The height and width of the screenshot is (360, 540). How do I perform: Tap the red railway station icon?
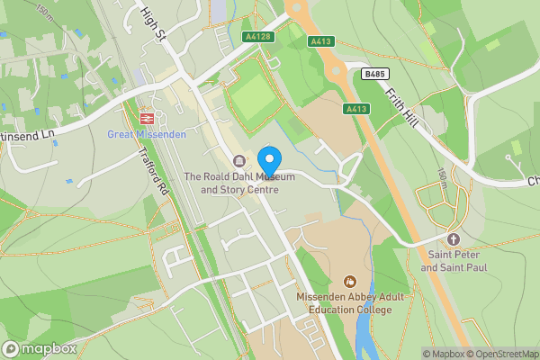pyautogui.click(x=147, y=117)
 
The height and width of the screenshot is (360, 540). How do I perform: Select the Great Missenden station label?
pyautogui.click(x=147, y=135)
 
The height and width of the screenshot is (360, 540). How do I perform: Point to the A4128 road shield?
pyautogui.click(x=256, y=37)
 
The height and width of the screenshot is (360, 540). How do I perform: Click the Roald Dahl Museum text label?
pyautogui.click(x=239, y=184)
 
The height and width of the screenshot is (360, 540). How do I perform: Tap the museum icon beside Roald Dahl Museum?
pyautogui.click(x=238, y=161)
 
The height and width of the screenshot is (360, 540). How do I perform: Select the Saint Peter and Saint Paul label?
pyautogui.click(x=453, y=261)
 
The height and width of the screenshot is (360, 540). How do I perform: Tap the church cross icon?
pyautogui.click(x=453, y=239)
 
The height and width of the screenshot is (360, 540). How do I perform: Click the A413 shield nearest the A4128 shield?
pyautogui.click(x=321, y=41)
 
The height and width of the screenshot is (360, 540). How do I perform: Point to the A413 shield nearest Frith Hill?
pyautogui.click(x=356, y=109)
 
